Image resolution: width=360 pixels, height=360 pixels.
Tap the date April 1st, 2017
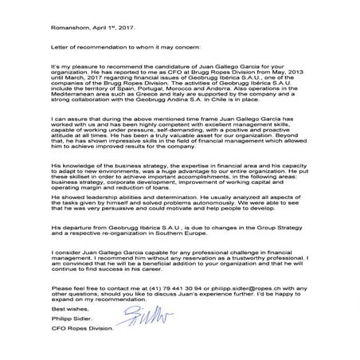point(111,26)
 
